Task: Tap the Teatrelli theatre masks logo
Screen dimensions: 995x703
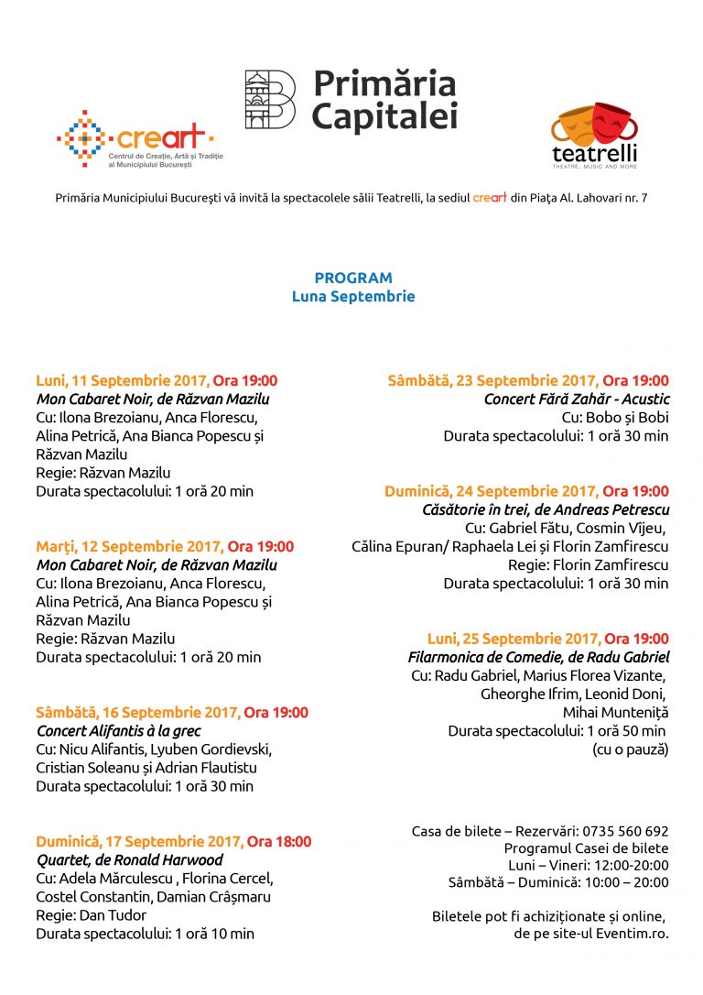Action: coord(594,128)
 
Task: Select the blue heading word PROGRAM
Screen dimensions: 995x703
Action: coord(353,278)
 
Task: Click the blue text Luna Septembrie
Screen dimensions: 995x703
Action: coord(353,297)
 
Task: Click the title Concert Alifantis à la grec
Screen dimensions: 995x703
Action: coord(118,731)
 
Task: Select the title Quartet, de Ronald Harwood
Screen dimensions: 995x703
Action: coord(129,860)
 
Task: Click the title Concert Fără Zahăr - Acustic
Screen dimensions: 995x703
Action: coord(577,399)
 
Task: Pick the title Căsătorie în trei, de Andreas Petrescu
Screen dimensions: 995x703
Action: coord(546,509)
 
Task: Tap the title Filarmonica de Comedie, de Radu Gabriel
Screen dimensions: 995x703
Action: coord(538,657)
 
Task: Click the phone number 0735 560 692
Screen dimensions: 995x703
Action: coord(625,831)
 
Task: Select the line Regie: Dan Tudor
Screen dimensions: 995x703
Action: coord(91,915)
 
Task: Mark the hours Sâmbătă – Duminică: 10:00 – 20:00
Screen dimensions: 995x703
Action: coord(558,882)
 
